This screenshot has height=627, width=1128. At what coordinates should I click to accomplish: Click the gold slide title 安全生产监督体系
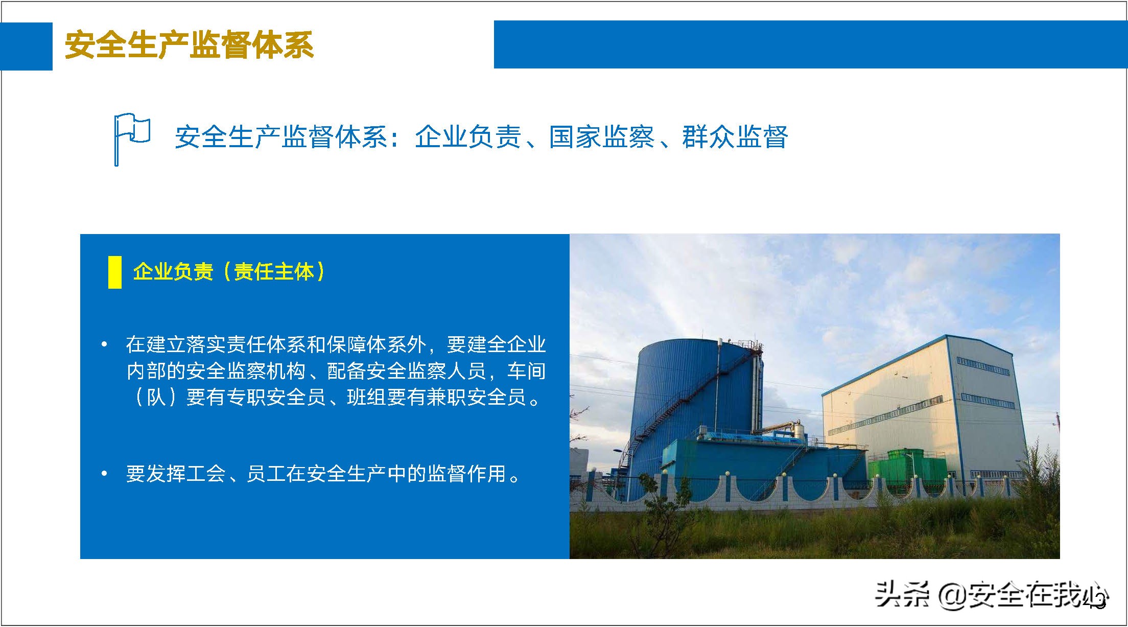(189, 45)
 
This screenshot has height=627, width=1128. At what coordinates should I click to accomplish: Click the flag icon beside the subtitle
(131, 138)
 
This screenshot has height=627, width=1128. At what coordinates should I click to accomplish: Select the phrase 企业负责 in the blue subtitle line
(467, 137)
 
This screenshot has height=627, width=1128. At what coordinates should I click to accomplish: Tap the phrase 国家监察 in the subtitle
(602, 137)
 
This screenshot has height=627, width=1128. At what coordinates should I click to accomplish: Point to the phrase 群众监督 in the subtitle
(735, 137)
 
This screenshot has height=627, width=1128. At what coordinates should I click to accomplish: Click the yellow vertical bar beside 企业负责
(114, 272)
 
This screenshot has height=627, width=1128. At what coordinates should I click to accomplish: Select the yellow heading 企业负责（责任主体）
(229, 271)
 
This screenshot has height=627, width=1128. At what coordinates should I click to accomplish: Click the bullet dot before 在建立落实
(104, 344)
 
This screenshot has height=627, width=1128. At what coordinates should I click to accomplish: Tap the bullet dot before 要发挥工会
(104, 474)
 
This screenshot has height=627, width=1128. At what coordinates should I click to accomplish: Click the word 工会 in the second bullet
(206, 474)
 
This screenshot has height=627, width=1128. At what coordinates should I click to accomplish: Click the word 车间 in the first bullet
(526, 371)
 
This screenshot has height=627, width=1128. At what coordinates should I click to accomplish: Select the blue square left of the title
(26, 46)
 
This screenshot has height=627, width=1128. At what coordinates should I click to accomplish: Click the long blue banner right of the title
(810, 44)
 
